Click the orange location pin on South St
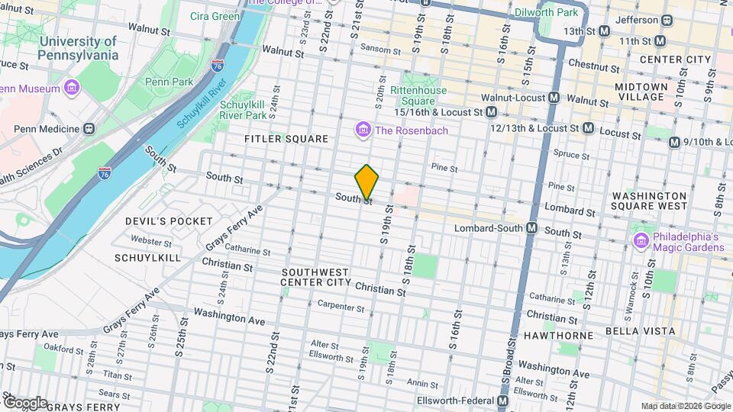tap(366, 182)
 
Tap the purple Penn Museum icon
tap(71, 89)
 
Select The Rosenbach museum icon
tap(363, 131)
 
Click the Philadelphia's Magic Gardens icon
tap(641, 241)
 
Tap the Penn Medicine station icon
tap(89, 128)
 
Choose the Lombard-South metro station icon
tap(532, 228)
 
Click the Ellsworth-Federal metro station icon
tap(503, 401)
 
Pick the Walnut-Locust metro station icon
tap(554, 98)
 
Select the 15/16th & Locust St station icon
tap(492, 112)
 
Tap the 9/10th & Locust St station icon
tap(674, 142)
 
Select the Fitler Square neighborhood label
tap(286, 139)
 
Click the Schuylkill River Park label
tap(243, 110)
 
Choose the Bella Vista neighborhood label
tap(640, 331)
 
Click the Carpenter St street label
tap(342, 307)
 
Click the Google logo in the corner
tap(25, 403)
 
